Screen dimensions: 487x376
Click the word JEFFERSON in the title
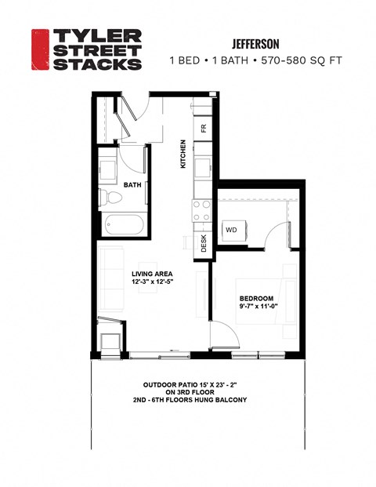pyautogui.click(x=257, y=44)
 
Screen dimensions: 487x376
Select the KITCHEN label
pyautogui.click(x=183, y=154)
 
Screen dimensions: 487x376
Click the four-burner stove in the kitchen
pyautogui.click(x=201, y=209)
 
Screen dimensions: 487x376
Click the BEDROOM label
pyautogui.click(x=256, y=299)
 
